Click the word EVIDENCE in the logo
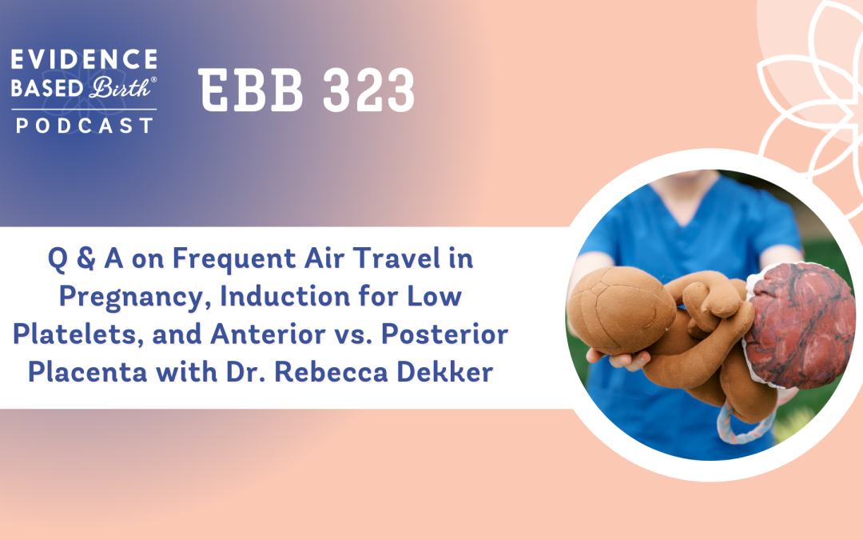(84, 59)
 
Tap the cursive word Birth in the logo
(121, 88)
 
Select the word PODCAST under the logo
(85, 126)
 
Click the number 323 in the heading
(368, 90)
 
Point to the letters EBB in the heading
(251, 90)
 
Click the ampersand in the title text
(86, 258)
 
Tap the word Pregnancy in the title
(135, 298)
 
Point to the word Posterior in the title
(445, 334)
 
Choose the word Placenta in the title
(88, 372)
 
